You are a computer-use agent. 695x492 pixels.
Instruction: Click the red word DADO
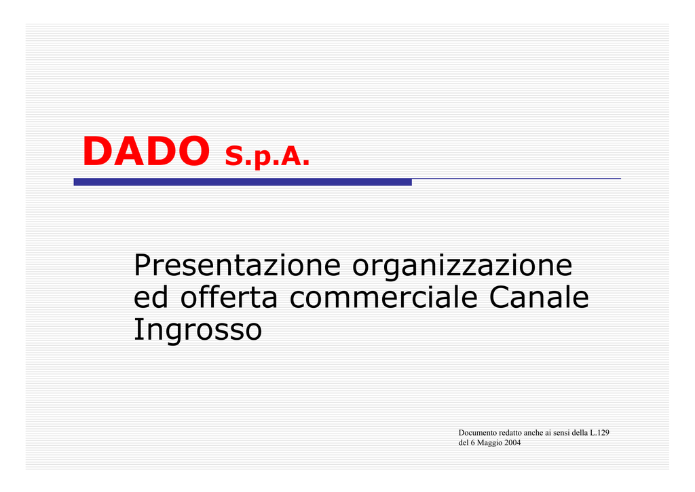[x=147, y=151]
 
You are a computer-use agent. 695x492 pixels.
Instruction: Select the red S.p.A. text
[x=267, y=156]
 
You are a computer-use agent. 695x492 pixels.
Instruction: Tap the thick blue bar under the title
[x=242, y=182]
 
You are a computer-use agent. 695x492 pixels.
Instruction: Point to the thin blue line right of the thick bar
[x=516, y=178]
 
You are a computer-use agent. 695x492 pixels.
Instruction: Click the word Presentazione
[x=237, y=265]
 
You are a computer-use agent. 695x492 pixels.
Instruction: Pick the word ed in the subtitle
[x=151, y=296]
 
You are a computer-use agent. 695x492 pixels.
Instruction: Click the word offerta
[x=229, y=296]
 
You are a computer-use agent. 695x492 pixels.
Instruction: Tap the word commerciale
[x=383, y=296]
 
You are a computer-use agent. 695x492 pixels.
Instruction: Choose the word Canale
[x=539, y=296]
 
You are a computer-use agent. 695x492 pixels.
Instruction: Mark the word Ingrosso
[x=198, y=330]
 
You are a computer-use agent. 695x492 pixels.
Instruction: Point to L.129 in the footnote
[x=599, y=433]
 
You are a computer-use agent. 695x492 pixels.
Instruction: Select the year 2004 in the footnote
[x=513, y=442]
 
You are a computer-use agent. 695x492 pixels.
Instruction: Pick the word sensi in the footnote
[x=561, y=433]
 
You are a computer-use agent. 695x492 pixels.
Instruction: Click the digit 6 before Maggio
[x=472, y=442]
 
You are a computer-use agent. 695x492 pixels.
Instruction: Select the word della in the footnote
[x=580, y=433]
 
